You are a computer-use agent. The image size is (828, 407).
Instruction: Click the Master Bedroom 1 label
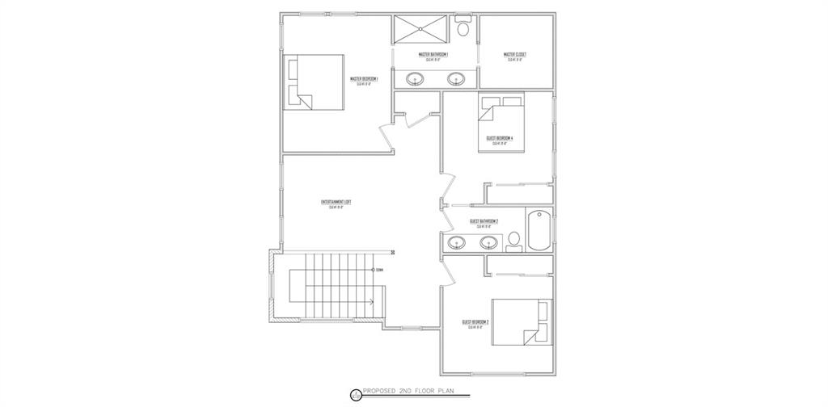click(365, 79)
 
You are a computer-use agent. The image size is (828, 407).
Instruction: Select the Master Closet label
click(515, 55)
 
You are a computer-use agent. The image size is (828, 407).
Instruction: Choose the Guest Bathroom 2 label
click(484, 221)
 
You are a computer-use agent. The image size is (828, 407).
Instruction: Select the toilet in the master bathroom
click(463, 28)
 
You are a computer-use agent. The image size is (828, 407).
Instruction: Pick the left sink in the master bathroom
click(415, 79)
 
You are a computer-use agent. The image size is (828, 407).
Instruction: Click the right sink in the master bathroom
click(456, 79)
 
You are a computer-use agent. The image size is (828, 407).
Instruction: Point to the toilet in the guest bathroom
click(513, 239)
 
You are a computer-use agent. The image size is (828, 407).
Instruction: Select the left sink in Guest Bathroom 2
click(456, 241)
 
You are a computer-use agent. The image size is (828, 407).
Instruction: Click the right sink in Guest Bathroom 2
click(488, 241)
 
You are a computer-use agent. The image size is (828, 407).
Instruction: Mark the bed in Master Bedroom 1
click(314, 82)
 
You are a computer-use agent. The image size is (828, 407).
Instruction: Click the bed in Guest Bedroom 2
click(518, 325)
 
